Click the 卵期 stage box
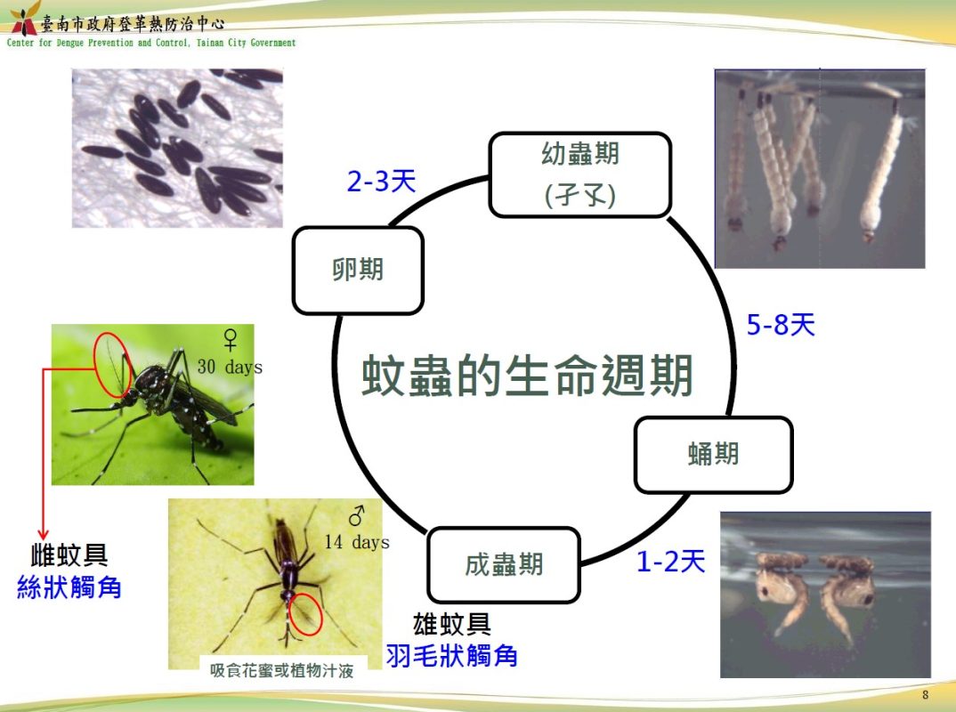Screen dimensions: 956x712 (358, 270)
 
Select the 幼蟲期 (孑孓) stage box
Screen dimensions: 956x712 (579, 174)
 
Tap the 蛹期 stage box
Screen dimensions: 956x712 (713, 455)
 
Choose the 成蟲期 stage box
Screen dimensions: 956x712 (504, 564)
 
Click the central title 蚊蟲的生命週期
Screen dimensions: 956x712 (527, 375)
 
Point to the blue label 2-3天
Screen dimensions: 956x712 (382, 181)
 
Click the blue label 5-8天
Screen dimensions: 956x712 (781, 324)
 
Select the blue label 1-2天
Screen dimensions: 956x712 (670, 561)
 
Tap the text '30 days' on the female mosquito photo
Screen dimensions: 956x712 (230, 367)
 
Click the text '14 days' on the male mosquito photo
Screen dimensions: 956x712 (357, 541)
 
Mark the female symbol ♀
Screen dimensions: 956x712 (231, 340)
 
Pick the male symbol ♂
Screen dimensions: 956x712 (357, 515)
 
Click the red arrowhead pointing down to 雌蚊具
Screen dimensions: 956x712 (44, 535)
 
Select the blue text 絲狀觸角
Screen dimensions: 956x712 (69, 587)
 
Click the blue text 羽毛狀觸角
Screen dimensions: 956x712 (452, 656)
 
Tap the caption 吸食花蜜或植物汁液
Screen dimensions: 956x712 (281, 670)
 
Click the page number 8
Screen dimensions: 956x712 (926, 695)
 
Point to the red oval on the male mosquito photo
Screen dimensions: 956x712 (304, 613)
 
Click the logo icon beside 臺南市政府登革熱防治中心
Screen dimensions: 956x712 (24, 20)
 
